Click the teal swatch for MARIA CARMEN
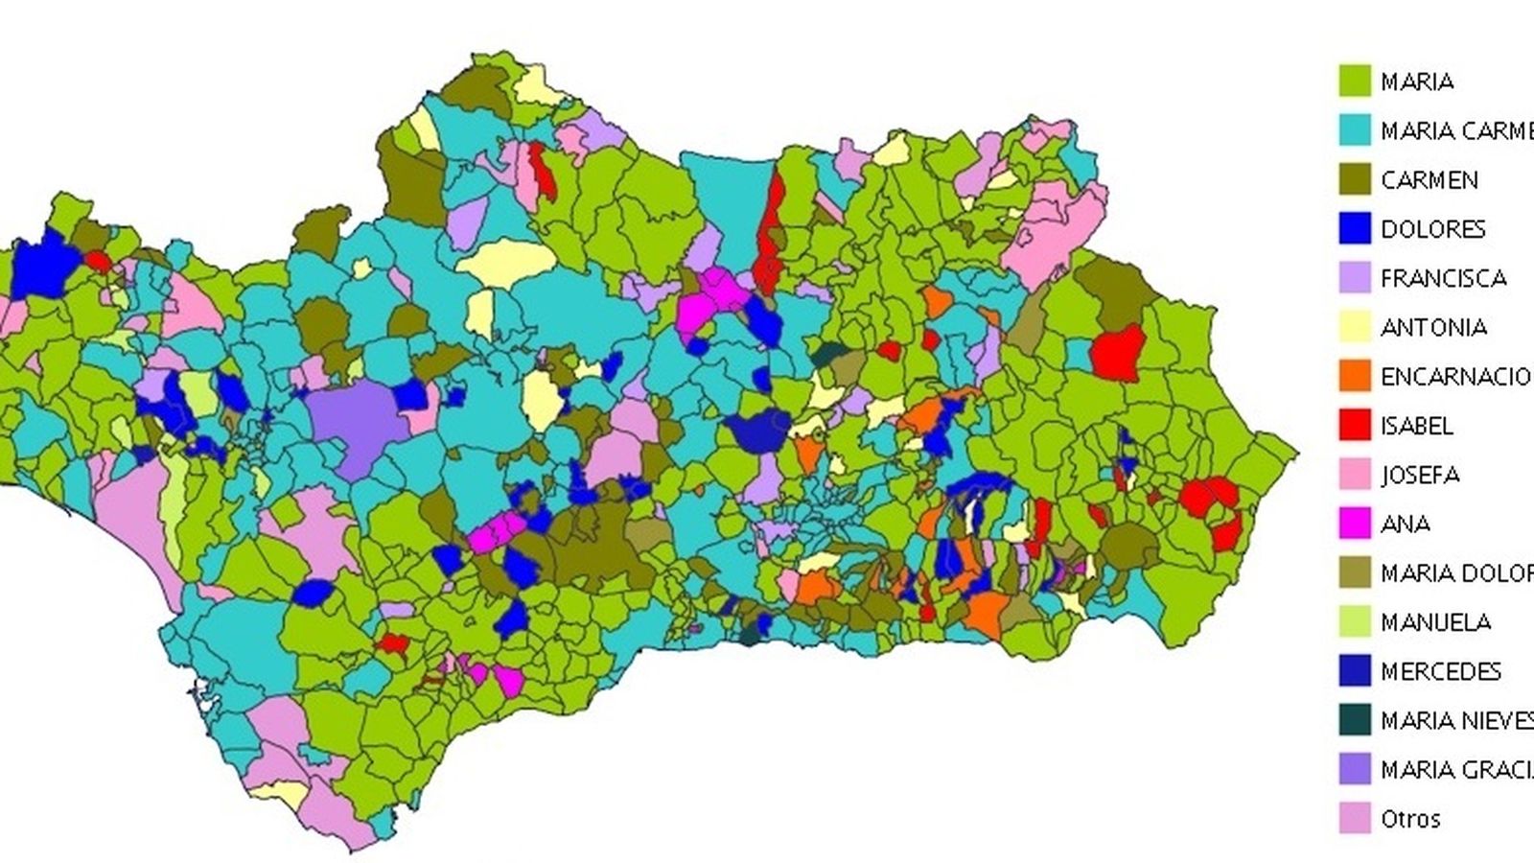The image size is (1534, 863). (1354, 129)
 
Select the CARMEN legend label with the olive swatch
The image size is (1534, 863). (1429, 179)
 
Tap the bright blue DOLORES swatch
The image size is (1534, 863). (1354, 228)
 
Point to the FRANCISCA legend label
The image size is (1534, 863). (1443, 278)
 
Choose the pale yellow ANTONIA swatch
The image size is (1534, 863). (1354, 327)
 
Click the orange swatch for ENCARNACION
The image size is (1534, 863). (1354, 376)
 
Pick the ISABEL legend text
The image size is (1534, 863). (1417, 425)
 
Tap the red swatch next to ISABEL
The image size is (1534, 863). (1354, 425)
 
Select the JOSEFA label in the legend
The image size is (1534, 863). (1420, 475)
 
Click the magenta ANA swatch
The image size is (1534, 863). (1354, 524)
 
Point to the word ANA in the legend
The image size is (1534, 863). (1406, 524)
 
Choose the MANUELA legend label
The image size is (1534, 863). (1435, 621)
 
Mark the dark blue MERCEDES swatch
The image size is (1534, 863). (1354, 670)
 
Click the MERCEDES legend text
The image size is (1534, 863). (1440, 670)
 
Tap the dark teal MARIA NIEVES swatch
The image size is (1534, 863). (1354, 720)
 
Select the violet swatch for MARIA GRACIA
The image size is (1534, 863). (1354, 769)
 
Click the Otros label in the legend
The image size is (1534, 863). (1410, 819)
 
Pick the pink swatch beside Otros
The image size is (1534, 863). (1354, 818)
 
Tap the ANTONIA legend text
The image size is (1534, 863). (1433, 327)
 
